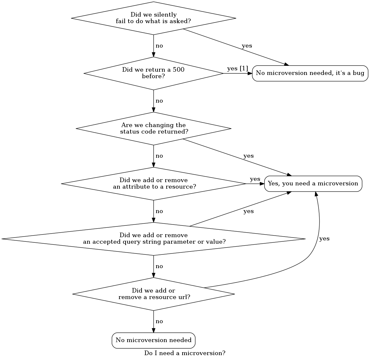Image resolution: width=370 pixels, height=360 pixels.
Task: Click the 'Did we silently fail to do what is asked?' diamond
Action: point(153,18)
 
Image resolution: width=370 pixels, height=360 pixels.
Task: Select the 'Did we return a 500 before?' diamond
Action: point(153,73)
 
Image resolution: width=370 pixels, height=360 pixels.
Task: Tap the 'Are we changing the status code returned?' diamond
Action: point(153,128)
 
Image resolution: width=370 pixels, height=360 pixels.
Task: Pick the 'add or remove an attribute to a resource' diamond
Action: point(153,184)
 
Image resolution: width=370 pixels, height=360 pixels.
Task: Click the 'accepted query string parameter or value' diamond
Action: point(153,239)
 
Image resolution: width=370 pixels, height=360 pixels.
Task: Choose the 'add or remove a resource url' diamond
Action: point(153,294)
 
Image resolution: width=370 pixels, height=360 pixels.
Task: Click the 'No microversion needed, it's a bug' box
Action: point(310,73)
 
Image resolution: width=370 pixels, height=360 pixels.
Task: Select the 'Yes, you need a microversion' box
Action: point(313,184)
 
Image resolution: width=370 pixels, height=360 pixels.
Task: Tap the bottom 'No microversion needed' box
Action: point(153,340)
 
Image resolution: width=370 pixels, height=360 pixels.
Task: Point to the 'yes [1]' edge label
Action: point(237,68)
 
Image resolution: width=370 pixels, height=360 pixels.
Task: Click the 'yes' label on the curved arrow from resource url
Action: point(324,239)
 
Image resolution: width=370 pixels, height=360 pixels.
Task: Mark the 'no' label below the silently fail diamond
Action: point(159,46)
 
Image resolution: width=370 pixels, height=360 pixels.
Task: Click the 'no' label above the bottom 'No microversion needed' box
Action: point(159,322)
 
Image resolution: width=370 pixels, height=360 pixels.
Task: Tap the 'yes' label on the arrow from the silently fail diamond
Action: point(247,46)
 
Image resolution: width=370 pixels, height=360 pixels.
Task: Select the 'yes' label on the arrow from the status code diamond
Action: point(248,156)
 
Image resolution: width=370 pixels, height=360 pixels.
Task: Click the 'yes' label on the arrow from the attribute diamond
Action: point(255,179)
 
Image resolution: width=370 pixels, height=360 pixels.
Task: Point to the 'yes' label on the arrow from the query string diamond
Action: point(248,211)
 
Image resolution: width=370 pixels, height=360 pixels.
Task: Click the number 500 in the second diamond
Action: point(179,70)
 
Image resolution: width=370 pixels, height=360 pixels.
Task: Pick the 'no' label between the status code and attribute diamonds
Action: point(159,156)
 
